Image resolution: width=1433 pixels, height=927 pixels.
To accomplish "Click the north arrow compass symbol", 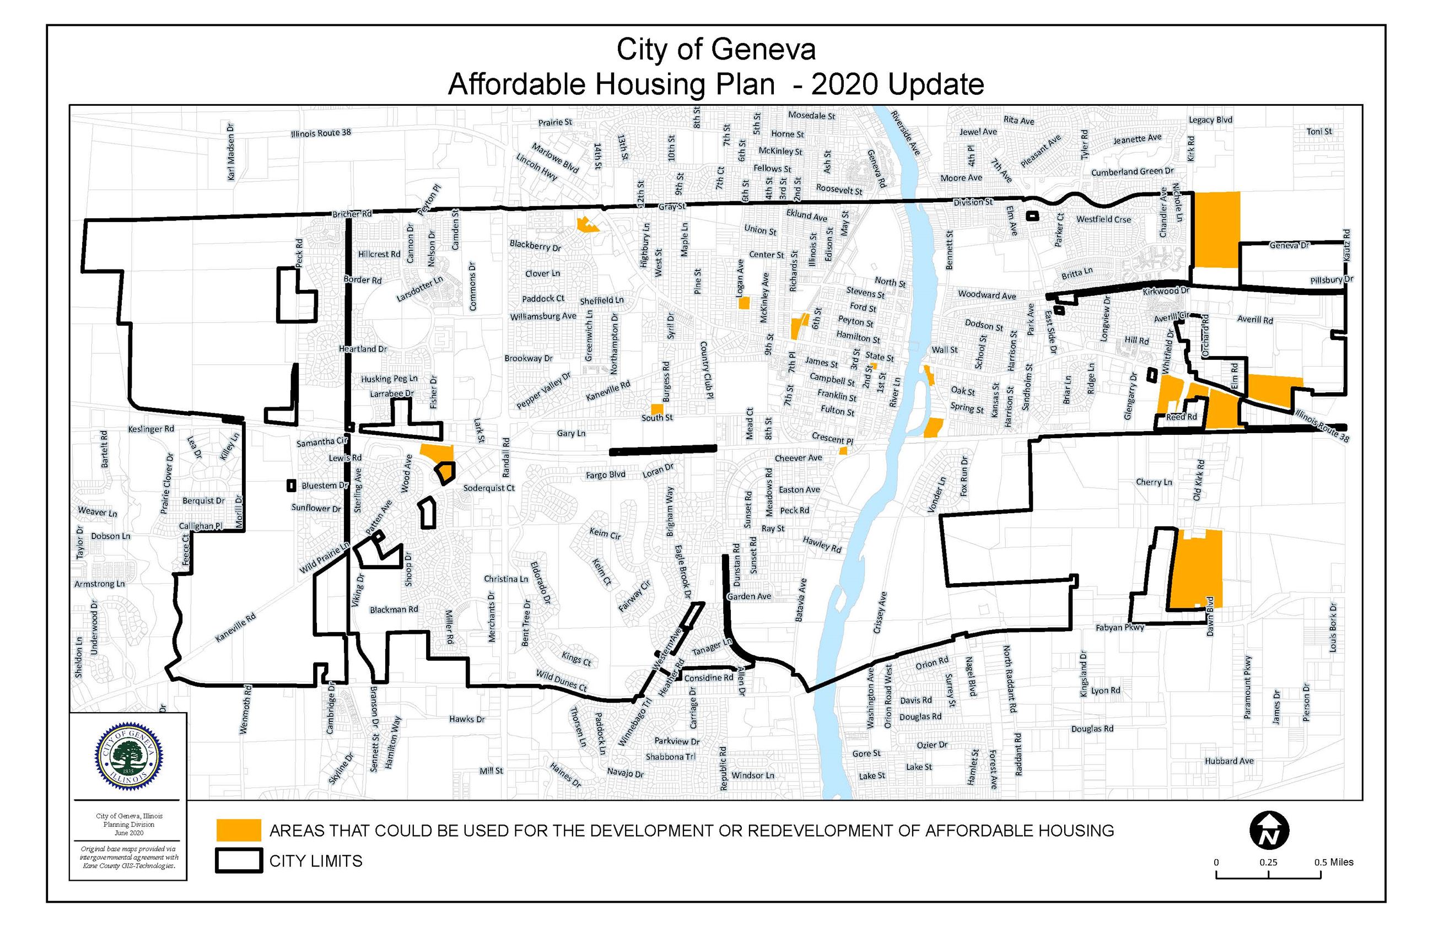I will [1269, 831].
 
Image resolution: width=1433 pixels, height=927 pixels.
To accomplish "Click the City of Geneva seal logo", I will [128, 757].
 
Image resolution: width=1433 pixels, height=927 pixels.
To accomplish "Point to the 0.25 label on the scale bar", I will [1268, 862].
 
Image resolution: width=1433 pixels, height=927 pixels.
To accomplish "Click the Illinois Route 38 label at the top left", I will [321, 132].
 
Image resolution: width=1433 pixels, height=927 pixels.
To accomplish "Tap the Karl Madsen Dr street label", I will [231, 151].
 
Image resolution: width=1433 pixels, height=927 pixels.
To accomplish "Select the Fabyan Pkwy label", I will [1119, 627].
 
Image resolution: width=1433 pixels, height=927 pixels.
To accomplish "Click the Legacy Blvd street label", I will [1210, 120].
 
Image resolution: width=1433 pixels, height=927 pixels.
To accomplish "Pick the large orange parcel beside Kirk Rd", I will [1216, 229].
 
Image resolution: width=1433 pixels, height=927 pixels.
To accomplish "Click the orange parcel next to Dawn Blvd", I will [1197, 569].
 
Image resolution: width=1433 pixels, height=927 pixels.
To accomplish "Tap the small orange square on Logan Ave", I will [744, 303].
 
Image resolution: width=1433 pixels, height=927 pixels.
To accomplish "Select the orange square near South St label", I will [657, 409].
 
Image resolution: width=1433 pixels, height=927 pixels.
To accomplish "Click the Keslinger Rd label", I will [150, 429].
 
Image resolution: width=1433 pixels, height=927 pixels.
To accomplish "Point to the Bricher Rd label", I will [352, 214].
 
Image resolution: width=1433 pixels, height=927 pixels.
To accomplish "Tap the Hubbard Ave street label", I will [1229, 761].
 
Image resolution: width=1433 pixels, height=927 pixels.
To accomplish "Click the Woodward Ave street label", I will [987, 295].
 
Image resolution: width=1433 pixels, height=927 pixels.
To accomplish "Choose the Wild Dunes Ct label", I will [561, 680].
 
